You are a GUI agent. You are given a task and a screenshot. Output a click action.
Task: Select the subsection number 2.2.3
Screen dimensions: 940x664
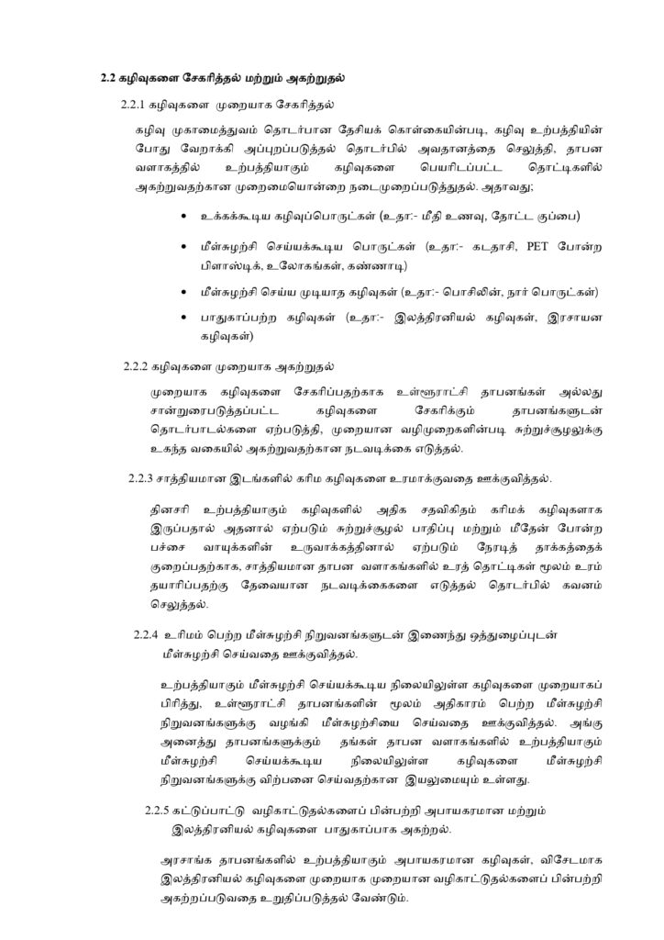[142, 478]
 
